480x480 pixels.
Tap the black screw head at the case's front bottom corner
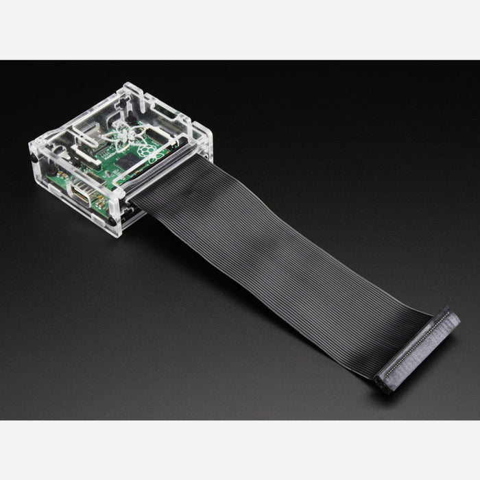click(112, 222)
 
